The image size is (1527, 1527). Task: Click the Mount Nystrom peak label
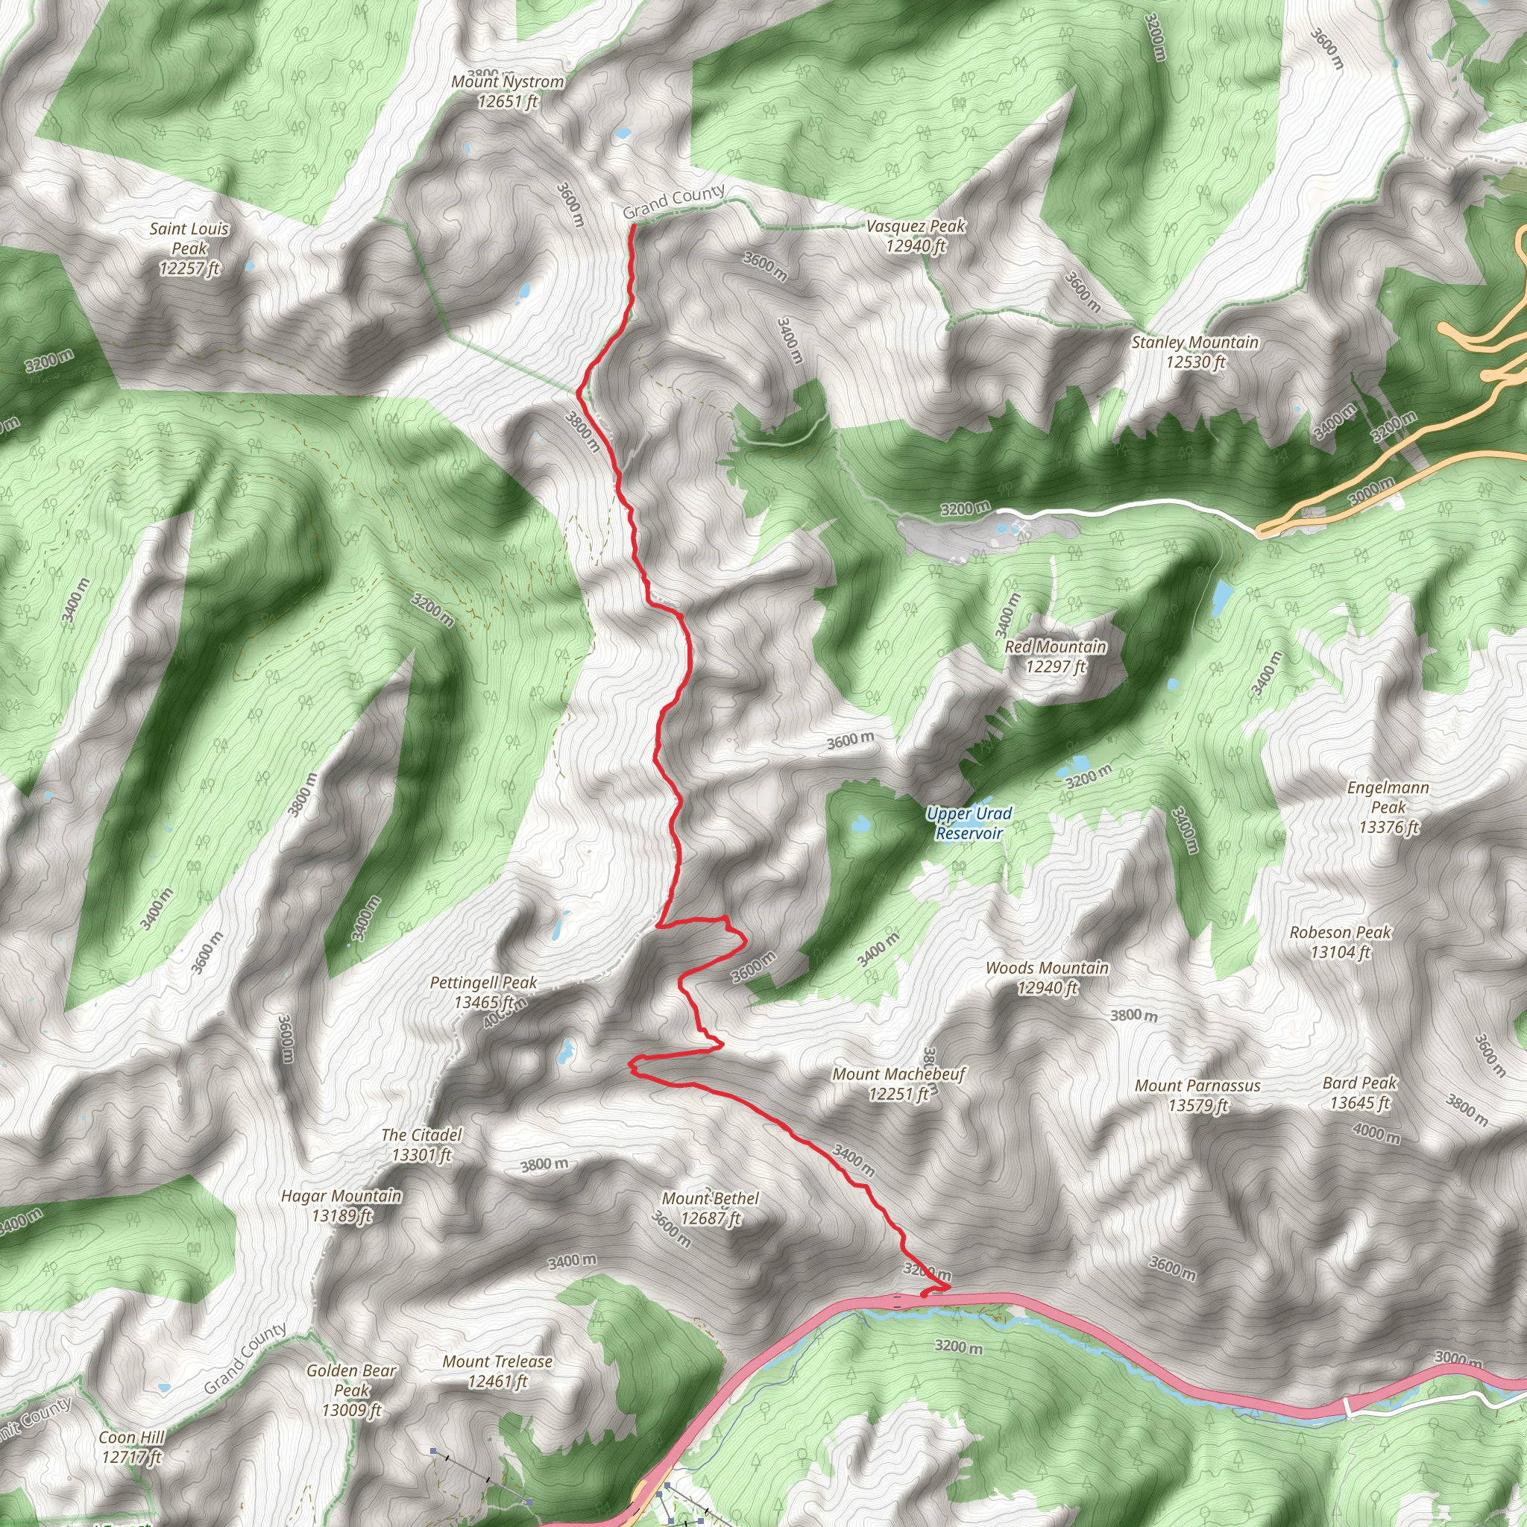pyautogui.click(x=508, y=91)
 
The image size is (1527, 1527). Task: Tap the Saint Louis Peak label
pyautogui.click(x=189, y=248)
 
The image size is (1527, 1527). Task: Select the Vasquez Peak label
pyautogui.click(x=916, y=236)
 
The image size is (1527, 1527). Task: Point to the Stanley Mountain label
pyautogui.click(x=1195, y=352)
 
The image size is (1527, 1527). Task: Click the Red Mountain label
pyautogui.click(x=1055, y=656)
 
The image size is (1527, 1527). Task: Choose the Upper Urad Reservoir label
pyautogui.click(x=969, y=823)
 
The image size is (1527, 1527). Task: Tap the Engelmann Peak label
pyautogui.click(x=1388, y=807)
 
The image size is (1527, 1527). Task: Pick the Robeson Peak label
pyautogui.click(x=1341, y=942)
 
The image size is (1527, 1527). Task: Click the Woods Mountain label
pyautogui.click(x=1048, y=977)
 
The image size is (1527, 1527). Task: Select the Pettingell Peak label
pyautogui.click(x=484, y=992)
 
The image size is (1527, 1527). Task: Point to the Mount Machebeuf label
pyautogui.click(x=898, y=1083)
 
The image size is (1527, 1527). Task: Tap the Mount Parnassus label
pyautogui.click(x=1197, y=1095)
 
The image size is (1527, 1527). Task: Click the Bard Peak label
pyautogui.click(x=1359, y=1092)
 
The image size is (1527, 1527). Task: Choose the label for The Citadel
pyautogui.click(x=421, y=1145)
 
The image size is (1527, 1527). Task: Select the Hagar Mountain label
pyautogui.click(x=341, y=1206)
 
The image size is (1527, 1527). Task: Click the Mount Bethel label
pyautogui.click(x=711, y=1208)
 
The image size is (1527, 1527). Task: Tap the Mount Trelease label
pyautogui.click(x=497, y=1370)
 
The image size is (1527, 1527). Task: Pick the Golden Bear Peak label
pyautogui.click(x=352, y=1390)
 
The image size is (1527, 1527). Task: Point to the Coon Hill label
pyautogui.click(x=132, y=1446)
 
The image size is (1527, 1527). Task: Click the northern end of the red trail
pyautogui.click(x=633, y=226)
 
